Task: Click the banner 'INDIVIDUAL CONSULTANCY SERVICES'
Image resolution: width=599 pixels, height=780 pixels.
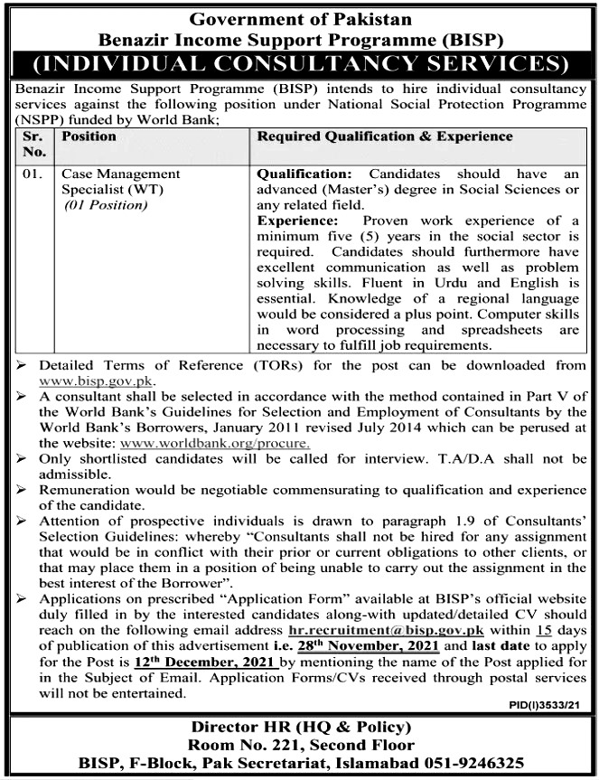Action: (x=300, y=64)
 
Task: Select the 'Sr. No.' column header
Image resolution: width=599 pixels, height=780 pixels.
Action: (x=33, y=144)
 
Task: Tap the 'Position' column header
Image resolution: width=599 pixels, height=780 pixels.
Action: (x=89, y=136)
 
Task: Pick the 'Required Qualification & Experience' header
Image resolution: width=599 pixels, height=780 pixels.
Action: (x=386, y=136)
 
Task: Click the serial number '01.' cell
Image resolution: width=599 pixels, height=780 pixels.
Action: (x=33, y=173)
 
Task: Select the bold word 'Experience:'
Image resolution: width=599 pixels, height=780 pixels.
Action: (x=299, y=220)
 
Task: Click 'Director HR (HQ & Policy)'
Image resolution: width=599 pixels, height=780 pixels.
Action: (x=300, y=728)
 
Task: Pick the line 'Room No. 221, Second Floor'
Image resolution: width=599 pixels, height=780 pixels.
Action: (x=300, y=745)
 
